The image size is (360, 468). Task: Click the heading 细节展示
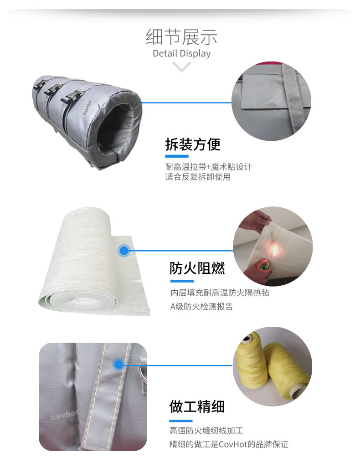(181, 37)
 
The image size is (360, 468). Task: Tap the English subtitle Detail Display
(181, 53)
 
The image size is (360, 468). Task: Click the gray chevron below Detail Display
(181, 66)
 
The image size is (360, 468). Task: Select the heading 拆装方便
(193, 144)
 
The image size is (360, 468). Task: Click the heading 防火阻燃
(197, 268)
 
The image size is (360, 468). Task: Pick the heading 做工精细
(197, 406)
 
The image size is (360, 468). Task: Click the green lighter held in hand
(264, 266)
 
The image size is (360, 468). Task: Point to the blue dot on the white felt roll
(124, 251)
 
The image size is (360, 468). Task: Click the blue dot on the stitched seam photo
(118, 365)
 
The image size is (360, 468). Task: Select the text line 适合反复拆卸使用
(198, 177)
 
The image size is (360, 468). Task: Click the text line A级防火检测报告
(201, 307)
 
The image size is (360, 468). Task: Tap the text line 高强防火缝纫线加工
(206, 430)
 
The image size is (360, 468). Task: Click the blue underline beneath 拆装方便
(177, 156)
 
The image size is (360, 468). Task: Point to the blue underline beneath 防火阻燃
(182, 281)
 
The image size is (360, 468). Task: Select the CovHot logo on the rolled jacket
(87, 107)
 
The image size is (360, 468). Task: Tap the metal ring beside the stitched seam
(143, 371)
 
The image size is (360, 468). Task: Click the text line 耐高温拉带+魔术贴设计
(208, 167)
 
